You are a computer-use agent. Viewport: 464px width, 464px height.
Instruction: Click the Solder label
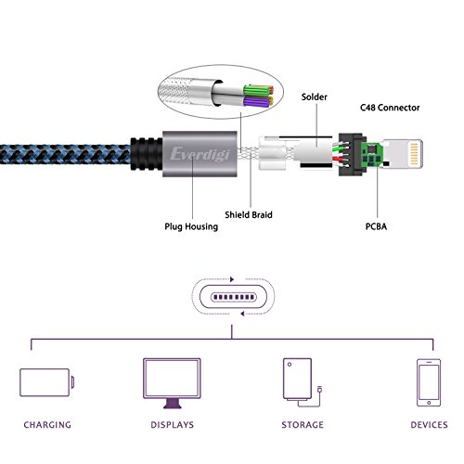(x=314, y=97)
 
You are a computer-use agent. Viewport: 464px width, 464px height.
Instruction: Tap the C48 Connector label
(x=390, y=108)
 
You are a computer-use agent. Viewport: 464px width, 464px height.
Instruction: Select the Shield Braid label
(x=249, y=214)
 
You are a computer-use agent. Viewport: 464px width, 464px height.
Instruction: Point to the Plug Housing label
(x=191, y=226)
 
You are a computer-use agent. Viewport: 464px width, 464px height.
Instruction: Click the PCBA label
(x=376, y=226)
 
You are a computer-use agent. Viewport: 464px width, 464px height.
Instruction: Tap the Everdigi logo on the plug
(x=200, y=154)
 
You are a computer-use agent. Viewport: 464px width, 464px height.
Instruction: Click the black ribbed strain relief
(x=147, y=154)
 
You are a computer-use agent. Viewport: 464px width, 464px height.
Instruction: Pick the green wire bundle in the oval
(x=258, y=91)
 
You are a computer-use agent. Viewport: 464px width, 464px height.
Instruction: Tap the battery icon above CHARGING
(x=46, y=382)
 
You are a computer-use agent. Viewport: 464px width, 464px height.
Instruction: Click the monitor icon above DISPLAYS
(x=172, y=383)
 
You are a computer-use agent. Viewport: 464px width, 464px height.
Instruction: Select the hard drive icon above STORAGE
(x=303, y=382)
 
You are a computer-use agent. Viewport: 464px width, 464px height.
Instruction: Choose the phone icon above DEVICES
(x=429, y=382)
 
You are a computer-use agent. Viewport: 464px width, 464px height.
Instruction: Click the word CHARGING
(x=47, y=425)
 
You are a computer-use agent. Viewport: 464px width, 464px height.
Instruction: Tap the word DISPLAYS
(x=173, y=425)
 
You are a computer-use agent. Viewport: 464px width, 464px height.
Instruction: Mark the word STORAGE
(x=303, y=425)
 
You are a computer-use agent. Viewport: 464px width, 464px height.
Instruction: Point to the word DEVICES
(x=429, y=425)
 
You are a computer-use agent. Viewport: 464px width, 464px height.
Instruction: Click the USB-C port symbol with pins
(x=234, y=297)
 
